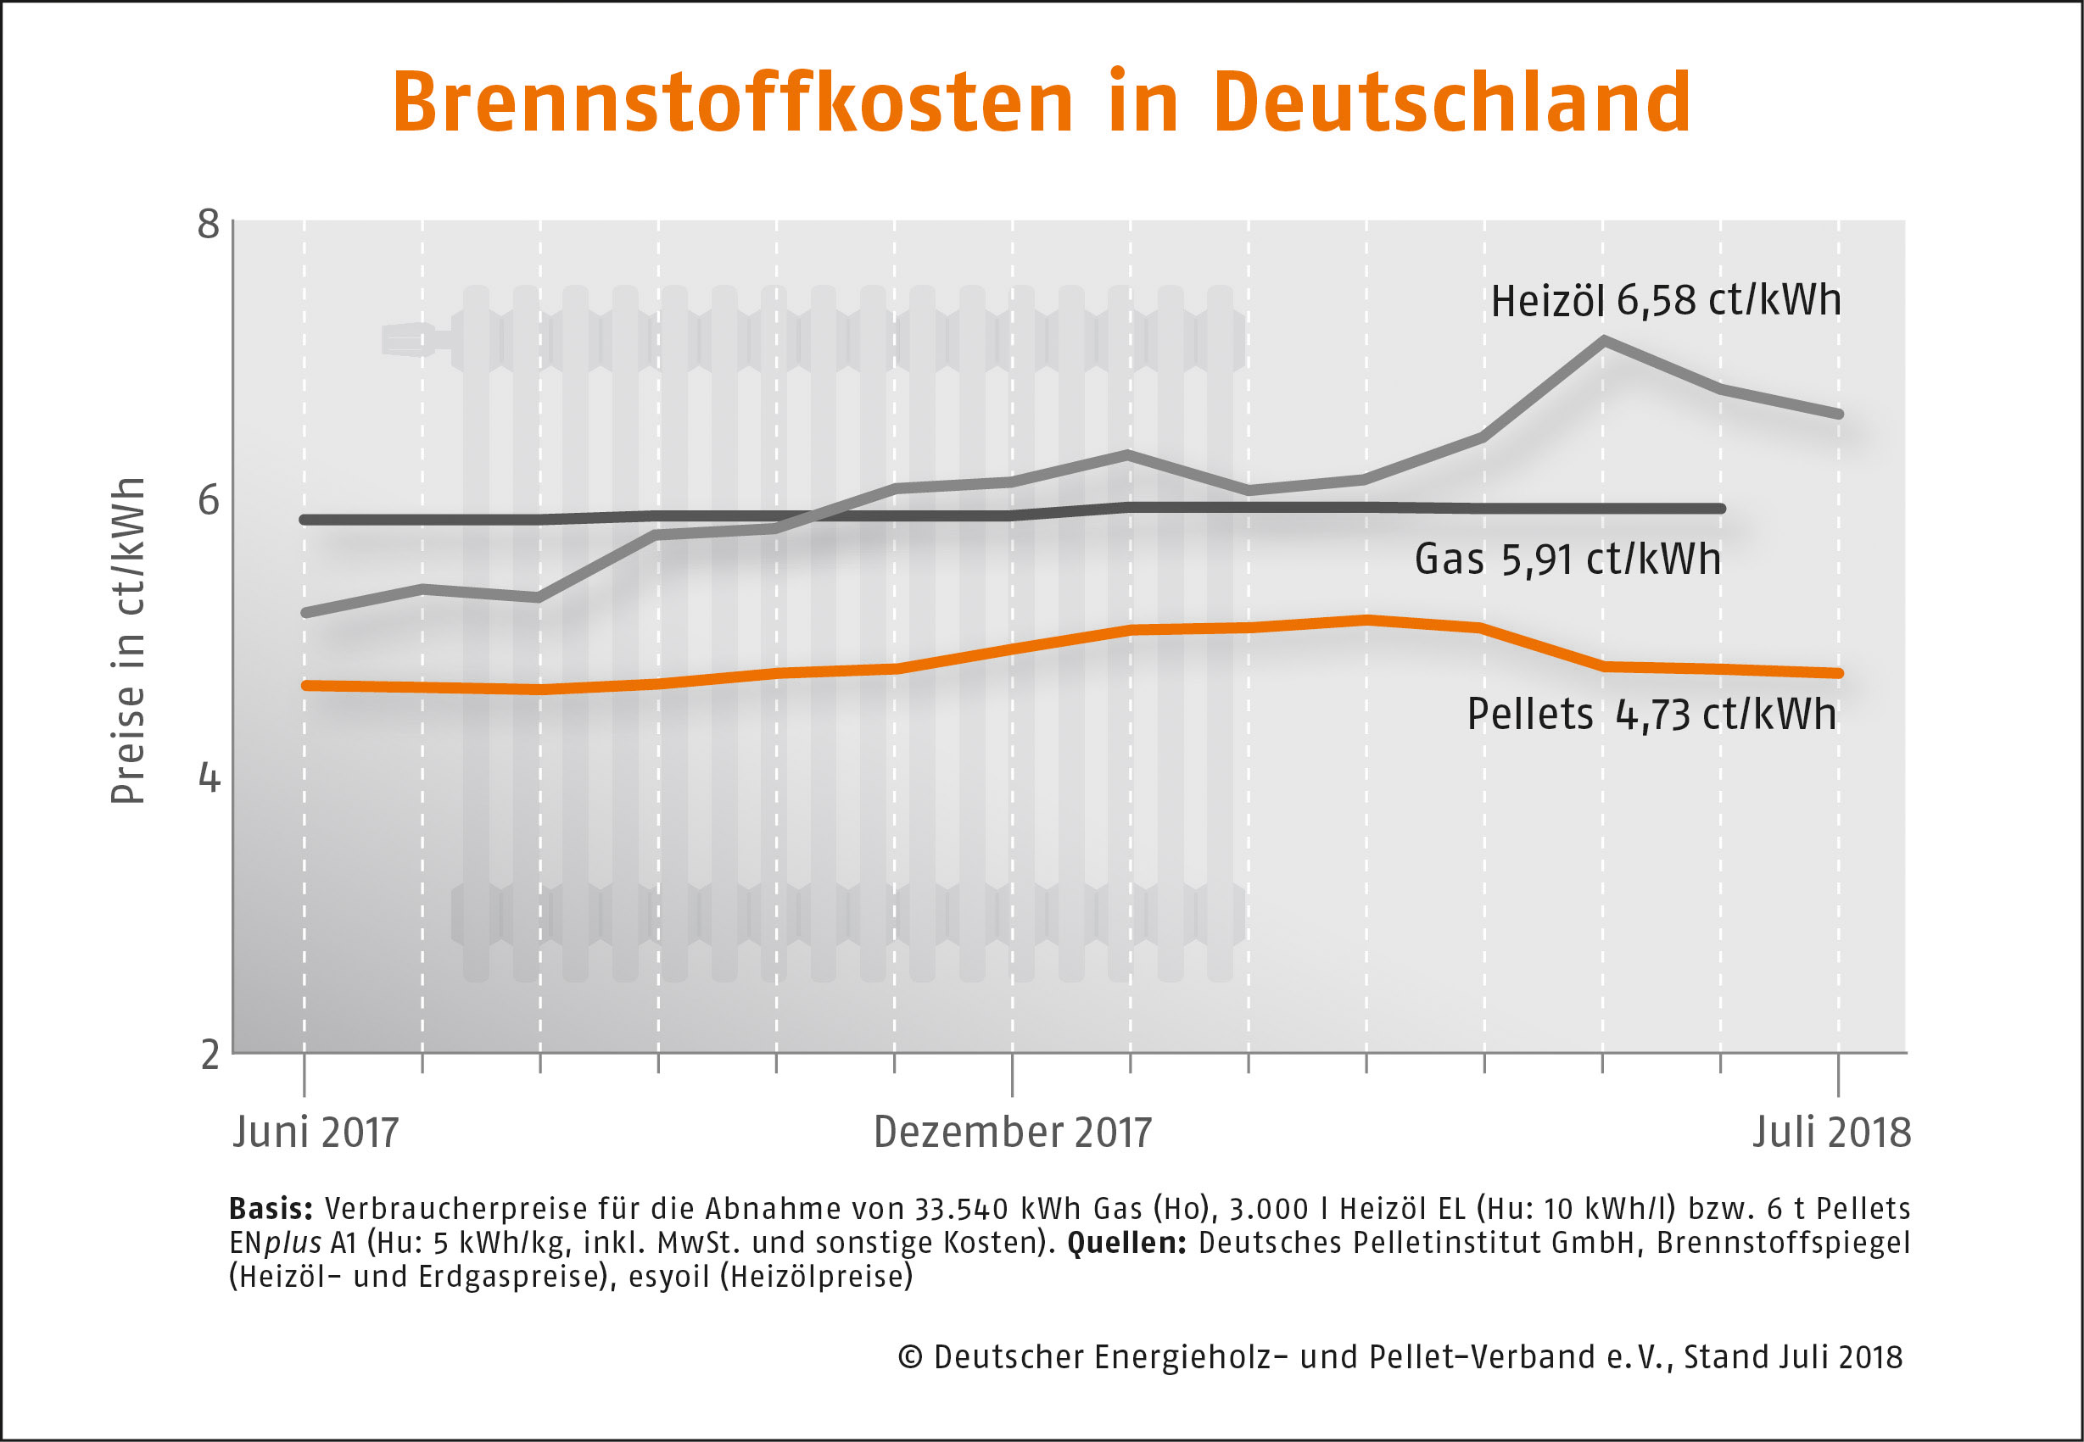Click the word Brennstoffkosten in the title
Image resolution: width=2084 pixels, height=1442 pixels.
(732, 101)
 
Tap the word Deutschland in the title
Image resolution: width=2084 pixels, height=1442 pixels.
(1451, 101)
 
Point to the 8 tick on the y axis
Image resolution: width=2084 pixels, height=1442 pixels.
(209, 223)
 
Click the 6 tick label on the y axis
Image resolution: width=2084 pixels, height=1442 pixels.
(209, 499)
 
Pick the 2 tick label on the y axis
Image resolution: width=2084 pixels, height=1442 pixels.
(210, 1054)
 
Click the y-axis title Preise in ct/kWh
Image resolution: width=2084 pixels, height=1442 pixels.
(127, 640)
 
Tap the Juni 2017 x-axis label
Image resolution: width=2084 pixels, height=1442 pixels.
(316, 1132)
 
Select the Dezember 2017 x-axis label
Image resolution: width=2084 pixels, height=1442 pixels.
(1012, 1132)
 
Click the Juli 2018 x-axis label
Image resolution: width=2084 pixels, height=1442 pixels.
(1832, 1132)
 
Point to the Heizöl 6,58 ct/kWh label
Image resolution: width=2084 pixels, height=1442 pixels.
(1666, 300)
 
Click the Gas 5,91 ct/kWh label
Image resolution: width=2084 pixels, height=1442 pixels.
(1567, 560)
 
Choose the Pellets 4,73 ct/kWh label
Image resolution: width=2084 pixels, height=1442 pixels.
(1651, 715)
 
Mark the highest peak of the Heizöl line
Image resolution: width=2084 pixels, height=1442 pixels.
(1603, 340)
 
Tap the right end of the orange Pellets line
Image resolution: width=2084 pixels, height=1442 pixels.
(1837, 673)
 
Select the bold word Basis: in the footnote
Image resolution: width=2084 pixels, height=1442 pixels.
(271, 1209)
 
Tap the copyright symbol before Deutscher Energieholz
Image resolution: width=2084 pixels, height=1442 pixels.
(910, 1357)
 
